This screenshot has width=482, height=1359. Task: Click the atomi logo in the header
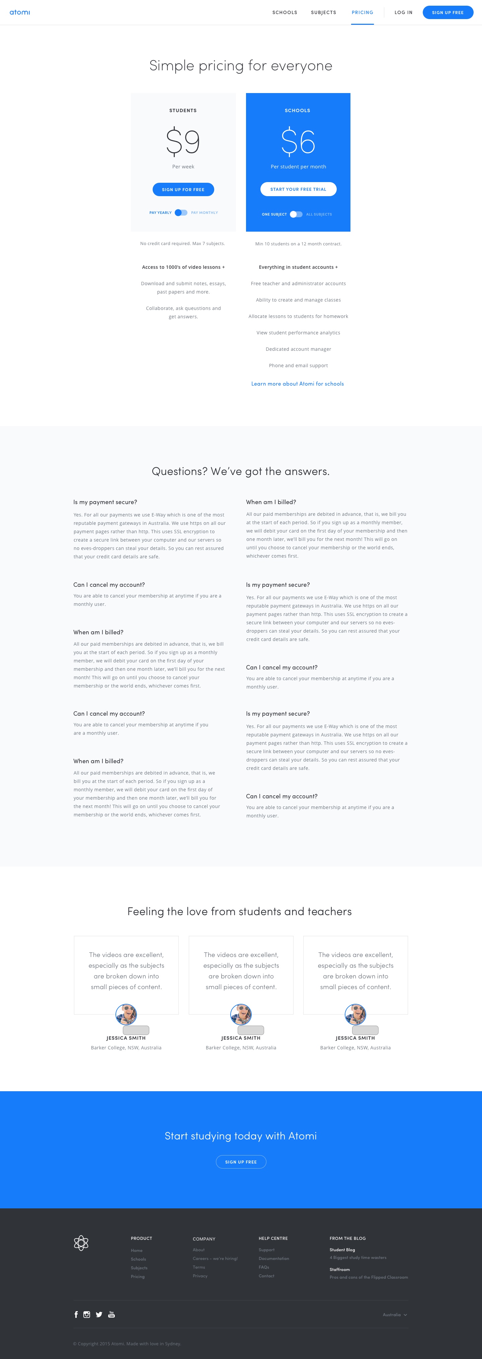19,12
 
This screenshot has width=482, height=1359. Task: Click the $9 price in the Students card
183,141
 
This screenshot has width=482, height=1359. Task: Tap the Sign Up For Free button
183,189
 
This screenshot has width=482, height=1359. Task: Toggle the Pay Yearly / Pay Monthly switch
181,213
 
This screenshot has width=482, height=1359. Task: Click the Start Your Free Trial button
298,189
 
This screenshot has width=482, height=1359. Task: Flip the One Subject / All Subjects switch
296,214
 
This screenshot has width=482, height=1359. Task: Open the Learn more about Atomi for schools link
298,384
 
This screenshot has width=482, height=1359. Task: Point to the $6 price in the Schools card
298,141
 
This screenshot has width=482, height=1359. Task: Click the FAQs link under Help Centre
264,1267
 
